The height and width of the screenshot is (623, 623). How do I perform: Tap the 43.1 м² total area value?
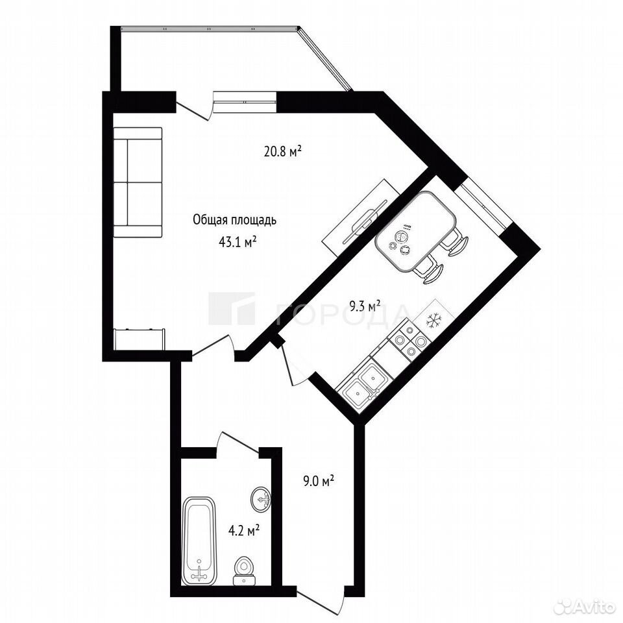coord(237,242)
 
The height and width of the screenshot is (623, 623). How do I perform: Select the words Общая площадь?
coord(234,220)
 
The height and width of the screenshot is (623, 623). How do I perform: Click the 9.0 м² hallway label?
coord(318,482)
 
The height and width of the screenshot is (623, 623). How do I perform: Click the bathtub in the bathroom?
coord(199,541)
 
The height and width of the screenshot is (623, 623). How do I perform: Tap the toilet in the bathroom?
coord(243,571)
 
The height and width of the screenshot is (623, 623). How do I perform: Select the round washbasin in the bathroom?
coord(261,498)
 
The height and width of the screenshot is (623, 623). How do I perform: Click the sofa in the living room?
coord(138,182)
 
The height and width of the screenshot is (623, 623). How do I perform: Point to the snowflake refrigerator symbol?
coord(434,319)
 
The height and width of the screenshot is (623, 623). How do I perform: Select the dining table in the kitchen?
coord(415,231)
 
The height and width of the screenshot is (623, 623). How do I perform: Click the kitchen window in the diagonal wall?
coord(484,205)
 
